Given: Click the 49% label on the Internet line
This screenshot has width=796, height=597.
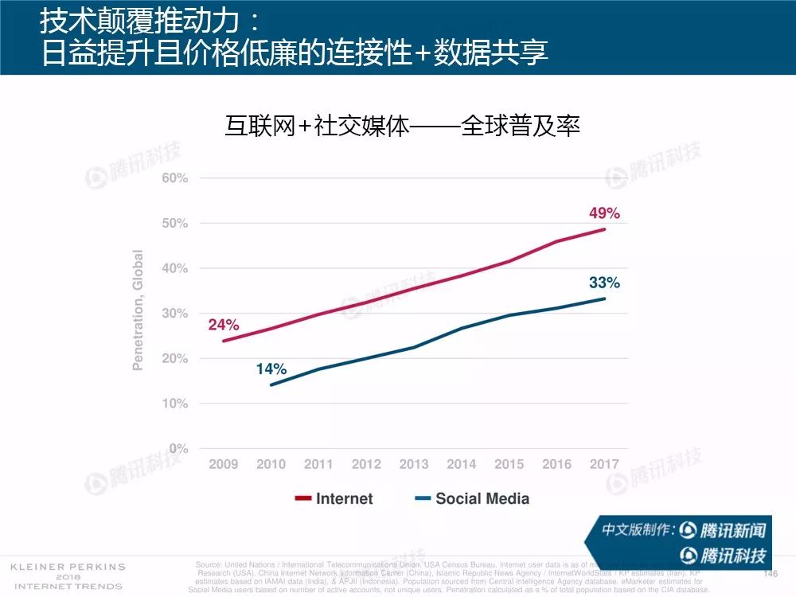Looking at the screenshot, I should coord(604,213).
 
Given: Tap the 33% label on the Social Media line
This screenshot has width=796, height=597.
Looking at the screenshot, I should coord(604,282).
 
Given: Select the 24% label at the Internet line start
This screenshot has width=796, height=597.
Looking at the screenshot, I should coord(224,324).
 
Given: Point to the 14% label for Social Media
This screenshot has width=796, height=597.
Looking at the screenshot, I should coord(271,369).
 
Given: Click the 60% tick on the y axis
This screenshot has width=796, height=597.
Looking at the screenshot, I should coord(174,178).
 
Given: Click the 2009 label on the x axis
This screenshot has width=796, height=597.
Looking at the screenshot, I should coord(224,464).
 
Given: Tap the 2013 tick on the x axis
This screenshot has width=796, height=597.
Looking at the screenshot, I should coord(414,464).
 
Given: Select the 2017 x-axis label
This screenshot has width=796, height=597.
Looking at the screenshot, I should coord(604,464).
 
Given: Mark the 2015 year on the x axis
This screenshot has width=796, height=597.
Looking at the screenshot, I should coord(509,464).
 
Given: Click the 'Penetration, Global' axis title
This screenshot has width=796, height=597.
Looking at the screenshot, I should coord(139,310).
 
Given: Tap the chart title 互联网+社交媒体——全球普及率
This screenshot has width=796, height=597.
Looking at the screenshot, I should coord(403,126).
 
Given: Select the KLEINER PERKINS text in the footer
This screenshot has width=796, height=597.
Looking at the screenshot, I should coord(68,567).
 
